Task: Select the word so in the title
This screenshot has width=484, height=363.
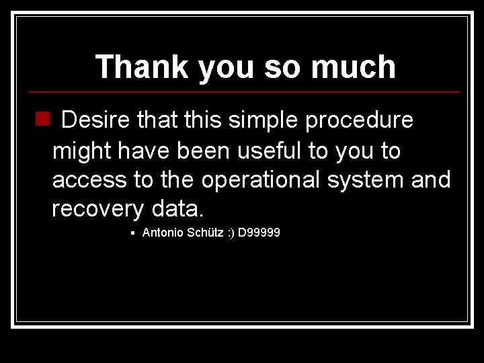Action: click(294, 67)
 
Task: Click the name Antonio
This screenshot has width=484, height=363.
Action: click(161, 233)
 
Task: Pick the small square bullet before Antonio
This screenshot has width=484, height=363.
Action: click(134, 234)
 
